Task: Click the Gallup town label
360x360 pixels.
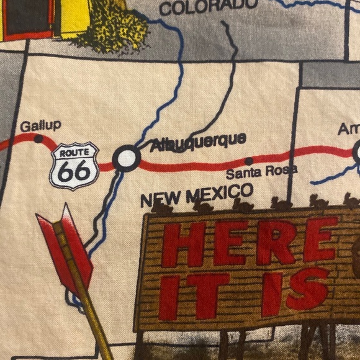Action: point(40,126)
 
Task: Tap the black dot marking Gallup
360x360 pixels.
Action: point(38,139)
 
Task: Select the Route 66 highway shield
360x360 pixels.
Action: point(74,166)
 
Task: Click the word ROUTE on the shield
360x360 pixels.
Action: point(74,153)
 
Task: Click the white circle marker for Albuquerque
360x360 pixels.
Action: point(126,158)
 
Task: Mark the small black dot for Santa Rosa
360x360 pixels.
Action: point(249,161)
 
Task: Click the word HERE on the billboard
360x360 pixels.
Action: point(254,242)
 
